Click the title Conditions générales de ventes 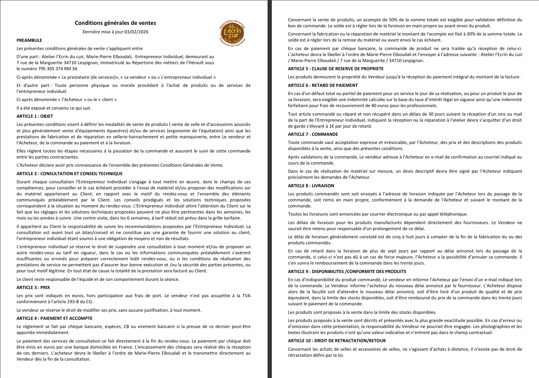[115, 23]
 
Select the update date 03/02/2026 [136, 32]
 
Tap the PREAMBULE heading [29, 40]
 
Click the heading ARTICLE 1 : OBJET [35, 116]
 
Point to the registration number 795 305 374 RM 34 [57, 69]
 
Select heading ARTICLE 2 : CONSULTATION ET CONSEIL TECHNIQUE [69, 174]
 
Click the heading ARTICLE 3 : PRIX [33, 288]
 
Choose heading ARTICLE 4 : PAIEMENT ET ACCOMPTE [55, 318]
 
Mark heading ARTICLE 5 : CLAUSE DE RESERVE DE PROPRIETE [336, 69]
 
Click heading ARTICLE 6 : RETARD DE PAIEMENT [323, 85]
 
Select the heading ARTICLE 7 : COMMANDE [313, 134]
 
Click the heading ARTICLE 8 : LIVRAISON [311, 186]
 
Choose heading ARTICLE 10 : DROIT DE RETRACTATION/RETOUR [337, 341]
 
